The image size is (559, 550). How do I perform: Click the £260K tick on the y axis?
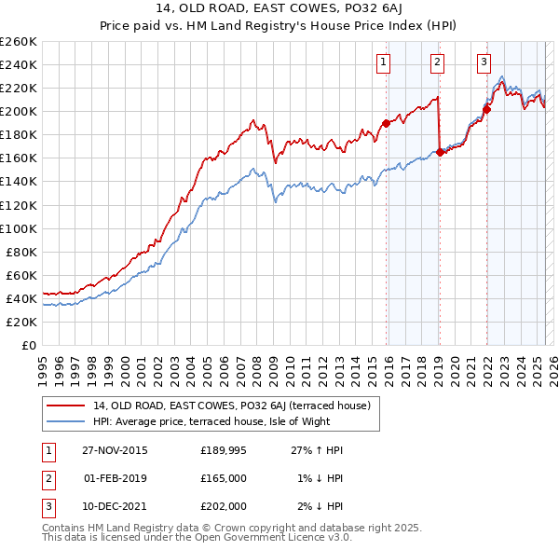[x=19, y=42]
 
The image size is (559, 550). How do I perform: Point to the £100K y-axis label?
[x=19, y=228]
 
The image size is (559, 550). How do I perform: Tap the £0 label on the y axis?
[x=30, y=345]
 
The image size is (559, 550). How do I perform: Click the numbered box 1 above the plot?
[x=384, y=62]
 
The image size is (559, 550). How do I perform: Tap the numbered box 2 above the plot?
[x=436, y=62]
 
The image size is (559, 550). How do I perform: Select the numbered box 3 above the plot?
[x=484, y=62]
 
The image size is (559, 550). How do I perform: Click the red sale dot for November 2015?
[x=386, y=123]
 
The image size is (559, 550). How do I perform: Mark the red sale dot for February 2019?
[x=439, y=152]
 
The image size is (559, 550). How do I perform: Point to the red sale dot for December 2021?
[x=486, y=109]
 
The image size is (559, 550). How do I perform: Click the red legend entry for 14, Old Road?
[x=232, y=406]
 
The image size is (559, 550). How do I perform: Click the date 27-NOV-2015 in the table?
[x=114, y=450]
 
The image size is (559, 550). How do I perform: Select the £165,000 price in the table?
[x=224, y=478]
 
